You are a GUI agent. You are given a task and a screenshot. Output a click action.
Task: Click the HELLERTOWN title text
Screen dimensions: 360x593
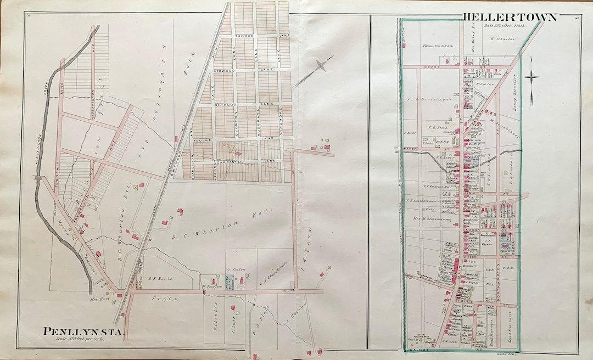click(510, 17)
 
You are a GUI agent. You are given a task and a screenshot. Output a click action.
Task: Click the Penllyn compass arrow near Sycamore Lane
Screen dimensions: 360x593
click(317, 71)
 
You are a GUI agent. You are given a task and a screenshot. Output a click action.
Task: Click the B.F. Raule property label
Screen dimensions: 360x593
click(161, 279)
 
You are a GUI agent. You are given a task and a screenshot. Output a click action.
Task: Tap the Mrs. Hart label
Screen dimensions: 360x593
click(99, 300)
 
